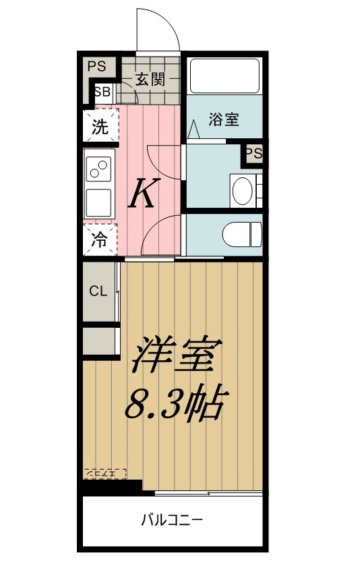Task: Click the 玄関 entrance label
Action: tap(150, 79)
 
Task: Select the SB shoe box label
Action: tap(102, 92)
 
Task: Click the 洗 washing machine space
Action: tap(100, 127)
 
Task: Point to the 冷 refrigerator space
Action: tap(100, 239)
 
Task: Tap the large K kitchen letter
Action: tap(144, 194)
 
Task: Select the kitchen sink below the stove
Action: tap(99, 202)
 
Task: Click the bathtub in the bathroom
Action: tap(224, 76)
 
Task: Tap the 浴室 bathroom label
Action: tap(224, 120)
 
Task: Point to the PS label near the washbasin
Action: tap(253, 154)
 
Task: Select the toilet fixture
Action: tap(241, 234)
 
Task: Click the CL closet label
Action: tap(98, 291)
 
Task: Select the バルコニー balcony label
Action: tap(172, 520)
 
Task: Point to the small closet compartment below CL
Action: tap(100, 341)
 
